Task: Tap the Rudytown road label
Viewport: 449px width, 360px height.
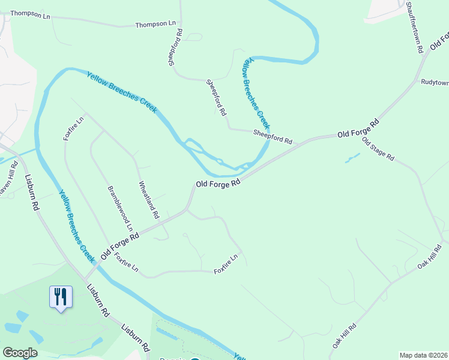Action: [435, 82]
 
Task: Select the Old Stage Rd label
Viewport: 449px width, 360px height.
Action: [378, 149]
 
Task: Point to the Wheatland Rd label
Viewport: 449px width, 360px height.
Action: [149, 199]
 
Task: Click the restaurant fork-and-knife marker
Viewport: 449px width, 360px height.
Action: [61, 296]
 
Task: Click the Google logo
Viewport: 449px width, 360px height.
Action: [20, 353]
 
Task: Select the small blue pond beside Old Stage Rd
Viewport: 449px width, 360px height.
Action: [352, 158]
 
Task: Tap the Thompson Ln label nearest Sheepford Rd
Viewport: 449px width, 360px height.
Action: [155, 25]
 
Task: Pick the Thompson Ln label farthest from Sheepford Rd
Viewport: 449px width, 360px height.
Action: [30, 14]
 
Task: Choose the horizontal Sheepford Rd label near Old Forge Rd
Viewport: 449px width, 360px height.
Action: [273, 137]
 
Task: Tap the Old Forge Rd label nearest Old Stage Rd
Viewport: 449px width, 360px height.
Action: [358, 128]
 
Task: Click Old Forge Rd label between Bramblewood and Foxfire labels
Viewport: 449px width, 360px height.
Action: [119, 246]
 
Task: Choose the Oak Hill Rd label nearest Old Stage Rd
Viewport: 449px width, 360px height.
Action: [430, 257]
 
